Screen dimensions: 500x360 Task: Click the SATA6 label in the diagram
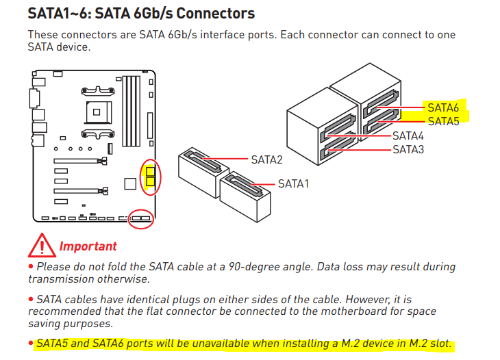coord(443,107)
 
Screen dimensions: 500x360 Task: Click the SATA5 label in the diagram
coord(443,121)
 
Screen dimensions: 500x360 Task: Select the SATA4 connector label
coord(408,136)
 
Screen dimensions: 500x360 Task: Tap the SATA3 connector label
coord(408,149)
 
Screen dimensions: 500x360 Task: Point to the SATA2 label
coord(266,159)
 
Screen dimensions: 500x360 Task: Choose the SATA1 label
coord(293,184)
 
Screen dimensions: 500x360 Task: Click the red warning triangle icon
coord(42,245)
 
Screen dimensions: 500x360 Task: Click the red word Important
coord(88,246)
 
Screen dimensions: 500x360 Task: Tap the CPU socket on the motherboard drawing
coord(98,112)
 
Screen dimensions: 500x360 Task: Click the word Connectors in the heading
coord(215,14)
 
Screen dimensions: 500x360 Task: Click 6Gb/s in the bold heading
coord(153,14)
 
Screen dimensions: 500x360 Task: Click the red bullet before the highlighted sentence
coord(31,343)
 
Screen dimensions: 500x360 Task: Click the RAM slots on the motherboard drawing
coord(132,111)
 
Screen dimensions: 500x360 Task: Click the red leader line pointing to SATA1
coord(263,184)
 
